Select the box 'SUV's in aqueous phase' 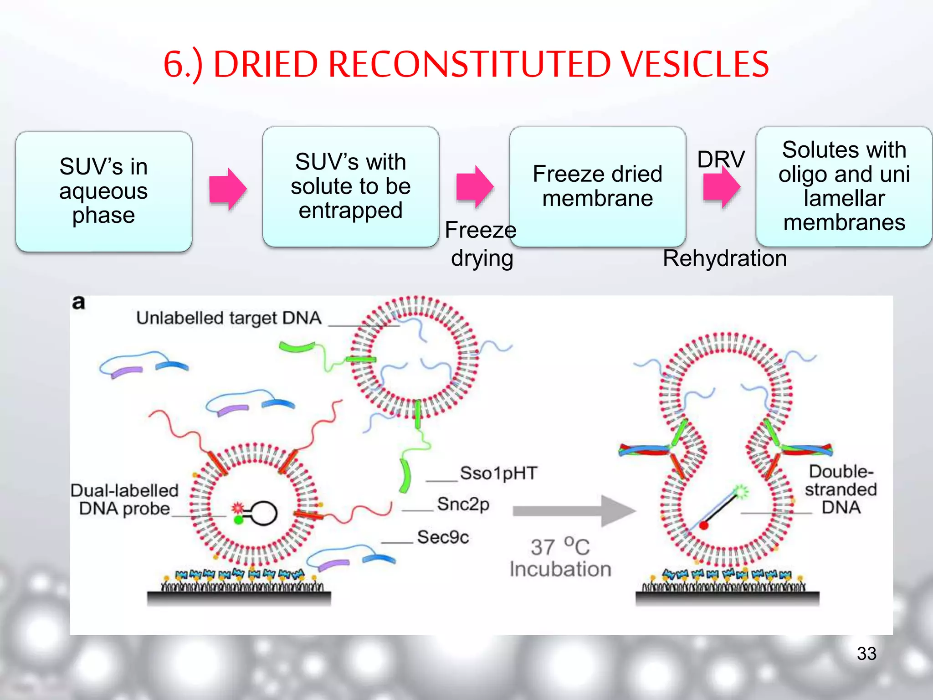pyautogui.click(x=103, y=191)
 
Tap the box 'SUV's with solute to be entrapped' pyautogui.click(x=350, y=186)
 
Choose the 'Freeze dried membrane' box pyautogui.click(x=597, y=186)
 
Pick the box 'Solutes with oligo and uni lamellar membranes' pyautogui.click(x=844, y=186)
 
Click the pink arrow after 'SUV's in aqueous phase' pyautogui.click(x=228, y=189)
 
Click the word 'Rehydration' pyautogui.click(x=724, y=258)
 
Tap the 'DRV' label pyautogui.click(x=721, y=159)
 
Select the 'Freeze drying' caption pyautogui.click(x=481, y=244)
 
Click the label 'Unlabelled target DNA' pyautogui.click(x=229, y=318)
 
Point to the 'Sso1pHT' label pyautogui.click(x=498, y=473)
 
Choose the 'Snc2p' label pyautogui.click(x=463, y=504)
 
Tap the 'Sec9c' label pyautogui.click(x=443, y=537)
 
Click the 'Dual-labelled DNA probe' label pyautogui.click(x=124, y=499)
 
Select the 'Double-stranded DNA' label pyautogui.click(x=841, y=489)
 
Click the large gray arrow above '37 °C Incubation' pyautogui.click(x=574, y=511)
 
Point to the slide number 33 pyautogui.click(x=866, y=654)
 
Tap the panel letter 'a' pyautogui.click(x=78, y=302)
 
